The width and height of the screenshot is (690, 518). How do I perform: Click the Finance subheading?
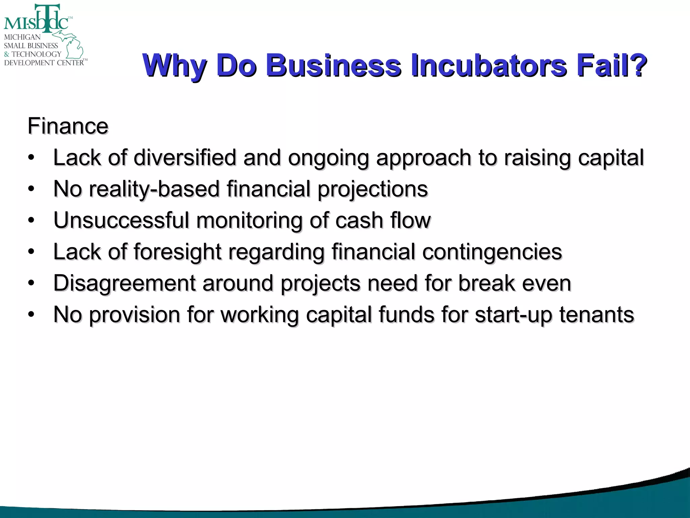(68, 126)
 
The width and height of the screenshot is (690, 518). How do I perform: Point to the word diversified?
(185, 157)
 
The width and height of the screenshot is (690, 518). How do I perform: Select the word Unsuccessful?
(121, 220)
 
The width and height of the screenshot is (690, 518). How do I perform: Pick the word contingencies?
(492, 252)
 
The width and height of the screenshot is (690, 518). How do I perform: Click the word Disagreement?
(124, 283)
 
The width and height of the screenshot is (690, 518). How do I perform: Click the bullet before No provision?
(31, 315)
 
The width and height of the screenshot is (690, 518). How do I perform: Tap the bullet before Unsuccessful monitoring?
(31, 221)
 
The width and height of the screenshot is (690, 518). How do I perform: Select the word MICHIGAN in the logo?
(22, 37)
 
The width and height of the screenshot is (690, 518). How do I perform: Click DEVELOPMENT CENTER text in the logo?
(44, 63)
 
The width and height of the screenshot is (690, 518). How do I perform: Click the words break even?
(514, 283)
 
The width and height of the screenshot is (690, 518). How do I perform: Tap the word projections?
(373, 189)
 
